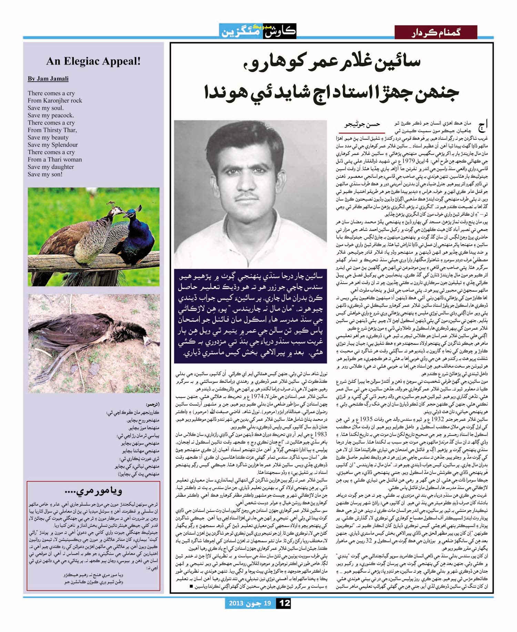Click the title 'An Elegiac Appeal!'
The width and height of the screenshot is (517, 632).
click(x=93, y=61)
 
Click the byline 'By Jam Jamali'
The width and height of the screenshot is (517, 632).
click(x=48, y=79)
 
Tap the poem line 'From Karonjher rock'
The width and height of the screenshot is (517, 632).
click(x=55, y=101)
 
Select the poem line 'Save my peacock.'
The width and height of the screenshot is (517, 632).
click(x=51, y=115)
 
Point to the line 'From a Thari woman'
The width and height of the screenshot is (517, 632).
click(x=55, y=159)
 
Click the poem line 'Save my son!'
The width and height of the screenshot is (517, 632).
click(x=45, y=174)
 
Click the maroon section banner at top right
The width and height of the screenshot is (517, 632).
click(x=436, y=32)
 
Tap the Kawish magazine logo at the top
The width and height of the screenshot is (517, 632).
click(x=257, y=31)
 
